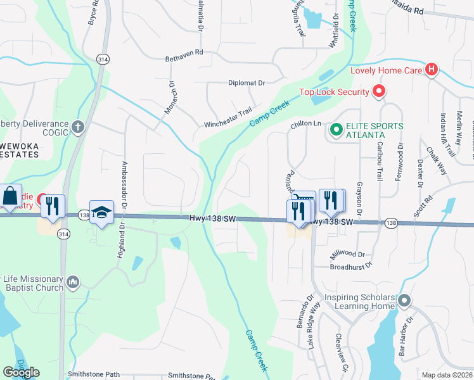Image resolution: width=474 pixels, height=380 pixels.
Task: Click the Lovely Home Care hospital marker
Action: pos(432,70)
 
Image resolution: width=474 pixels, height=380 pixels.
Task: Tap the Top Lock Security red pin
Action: pos(379,92)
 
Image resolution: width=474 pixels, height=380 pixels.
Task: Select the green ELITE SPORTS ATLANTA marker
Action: pos(336,130)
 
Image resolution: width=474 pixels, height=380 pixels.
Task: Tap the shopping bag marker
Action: pos(11,196)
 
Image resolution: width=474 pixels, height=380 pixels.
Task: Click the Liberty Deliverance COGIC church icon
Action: pos(77,127)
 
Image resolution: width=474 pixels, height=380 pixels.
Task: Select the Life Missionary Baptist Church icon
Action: pos(73,282)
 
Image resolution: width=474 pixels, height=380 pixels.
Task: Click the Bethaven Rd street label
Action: pos(183,53)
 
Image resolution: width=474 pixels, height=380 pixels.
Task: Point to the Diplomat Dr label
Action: pos(246,83)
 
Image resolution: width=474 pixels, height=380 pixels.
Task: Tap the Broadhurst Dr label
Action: pos(350,267)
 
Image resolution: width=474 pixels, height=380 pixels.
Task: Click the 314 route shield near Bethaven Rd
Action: pos(102,59)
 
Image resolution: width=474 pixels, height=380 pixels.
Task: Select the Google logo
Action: pos(21,372)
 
